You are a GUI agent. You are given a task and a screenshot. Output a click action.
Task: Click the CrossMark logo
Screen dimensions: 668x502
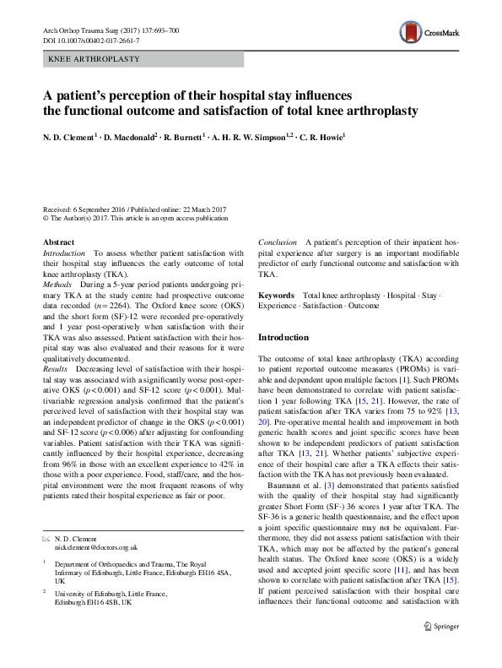click(429, 33)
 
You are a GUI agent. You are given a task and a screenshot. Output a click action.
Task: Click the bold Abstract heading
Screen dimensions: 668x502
click(57, 242)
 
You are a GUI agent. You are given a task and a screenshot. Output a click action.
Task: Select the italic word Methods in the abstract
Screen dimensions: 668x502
click(58, 286)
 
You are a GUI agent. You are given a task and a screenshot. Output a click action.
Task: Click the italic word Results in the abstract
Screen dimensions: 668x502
click(57, 369)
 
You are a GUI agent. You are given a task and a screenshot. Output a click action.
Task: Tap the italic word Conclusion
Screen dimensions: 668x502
click(277, 242)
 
